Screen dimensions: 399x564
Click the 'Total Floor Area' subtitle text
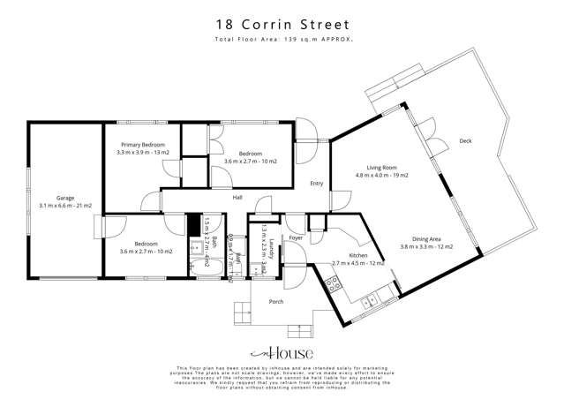(282, 41)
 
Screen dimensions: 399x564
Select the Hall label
(237, 198)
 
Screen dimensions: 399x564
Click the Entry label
(316, 184)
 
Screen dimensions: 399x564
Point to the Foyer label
(296, 237)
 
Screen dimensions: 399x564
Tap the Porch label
(274, 301)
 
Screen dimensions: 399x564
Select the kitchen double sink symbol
(368, 300)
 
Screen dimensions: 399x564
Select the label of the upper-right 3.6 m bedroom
(251, 157)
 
